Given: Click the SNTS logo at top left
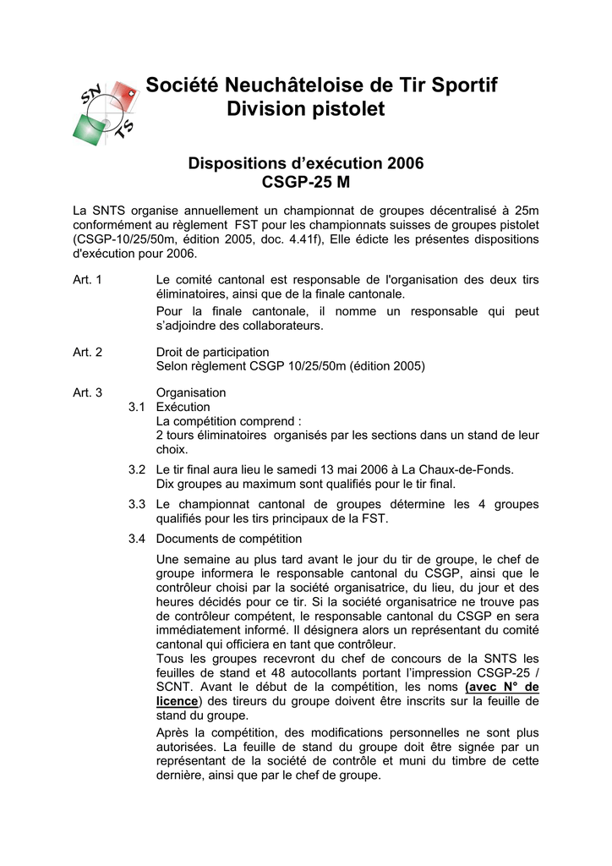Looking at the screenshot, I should point(106,112).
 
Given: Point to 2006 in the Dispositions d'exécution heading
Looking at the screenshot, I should point(405,162).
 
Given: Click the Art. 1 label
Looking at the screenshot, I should point(87,280).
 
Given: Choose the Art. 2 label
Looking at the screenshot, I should point(87,352).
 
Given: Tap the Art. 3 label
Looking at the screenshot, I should point(87,392).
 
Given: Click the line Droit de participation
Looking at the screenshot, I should point(213,352).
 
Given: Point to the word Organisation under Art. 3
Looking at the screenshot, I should point(191,392).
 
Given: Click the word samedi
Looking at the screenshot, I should point(299,469).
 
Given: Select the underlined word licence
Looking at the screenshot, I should point(177,701).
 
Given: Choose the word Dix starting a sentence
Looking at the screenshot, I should point(167,484).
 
